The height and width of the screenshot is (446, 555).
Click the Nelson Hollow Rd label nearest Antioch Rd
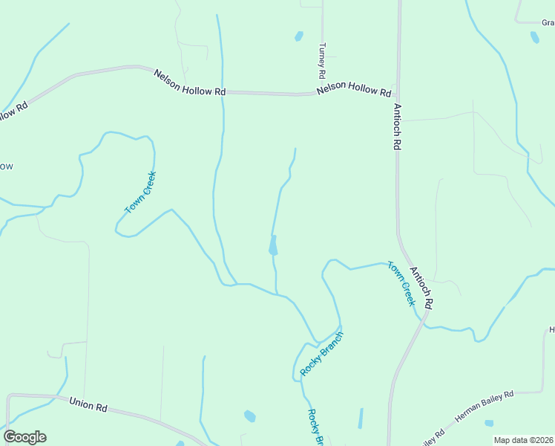tap(353, 91)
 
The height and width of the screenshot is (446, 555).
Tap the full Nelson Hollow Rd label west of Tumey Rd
tap(190, 82)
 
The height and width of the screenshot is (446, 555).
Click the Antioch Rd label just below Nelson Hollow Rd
tap(397, 127)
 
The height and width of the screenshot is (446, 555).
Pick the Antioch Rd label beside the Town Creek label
tap(421, 288)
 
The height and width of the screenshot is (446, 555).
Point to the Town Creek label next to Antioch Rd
tap(401, 283)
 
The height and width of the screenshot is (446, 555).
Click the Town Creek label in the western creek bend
tap(140, 193)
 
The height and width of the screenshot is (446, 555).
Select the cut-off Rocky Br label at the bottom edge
tap(316, 427)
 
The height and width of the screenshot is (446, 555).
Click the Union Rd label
tap(89, 405)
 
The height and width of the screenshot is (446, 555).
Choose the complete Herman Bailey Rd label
tap(485, 407)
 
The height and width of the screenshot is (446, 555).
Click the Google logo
tap(24, 437)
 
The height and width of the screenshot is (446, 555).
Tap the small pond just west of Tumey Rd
tap(298, 36)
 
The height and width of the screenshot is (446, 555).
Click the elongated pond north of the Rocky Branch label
tap(273, 245)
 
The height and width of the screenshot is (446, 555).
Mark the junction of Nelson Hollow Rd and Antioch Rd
tap(398, 95)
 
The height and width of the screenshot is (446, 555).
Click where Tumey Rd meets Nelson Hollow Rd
tap(322, 94)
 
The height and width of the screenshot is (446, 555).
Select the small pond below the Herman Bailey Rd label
tap(489, 423)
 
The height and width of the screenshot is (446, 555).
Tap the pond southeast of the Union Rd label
tap(250, 416)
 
